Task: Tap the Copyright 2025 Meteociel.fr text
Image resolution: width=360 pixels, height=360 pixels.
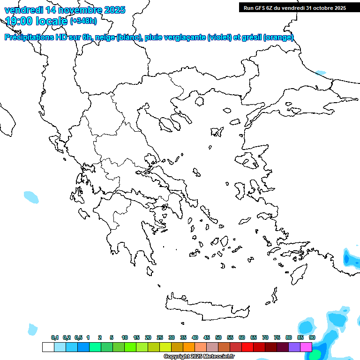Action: pyautogui.click(x=199, y=357)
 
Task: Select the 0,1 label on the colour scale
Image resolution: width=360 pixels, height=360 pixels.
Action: pyautogui.click(x=55, y=337)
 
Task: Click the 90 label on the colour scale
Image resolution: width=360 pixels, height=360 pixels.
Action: pyautogui.click(x=312, y=337)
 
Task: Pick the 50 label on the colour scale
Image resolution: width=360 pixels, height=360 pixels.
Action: pyautogui.click(x=218, y=337)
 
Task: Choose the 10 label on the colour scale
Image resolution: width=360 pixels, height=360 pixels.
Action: pyautogui.click(x=125, y=337)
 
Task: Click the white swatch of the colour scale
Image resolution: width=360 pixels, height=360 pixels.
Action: pyautogui.click(x=48, y=347)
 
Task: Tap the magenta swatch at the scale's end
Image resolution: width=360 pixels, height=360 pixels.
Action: pyautogui.click(x=306, y=347)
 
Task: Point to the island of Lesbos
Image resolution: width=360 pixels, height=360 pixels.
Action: pyautogui.click(x=248, y=161)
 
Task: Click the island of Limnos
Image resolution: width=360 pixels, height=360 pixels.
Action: pyautogui.click(x=217, y=132)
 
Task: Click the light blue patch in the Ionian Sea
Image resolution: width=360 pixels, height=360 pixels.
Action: pyautogui.click(x=31, y=197)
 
